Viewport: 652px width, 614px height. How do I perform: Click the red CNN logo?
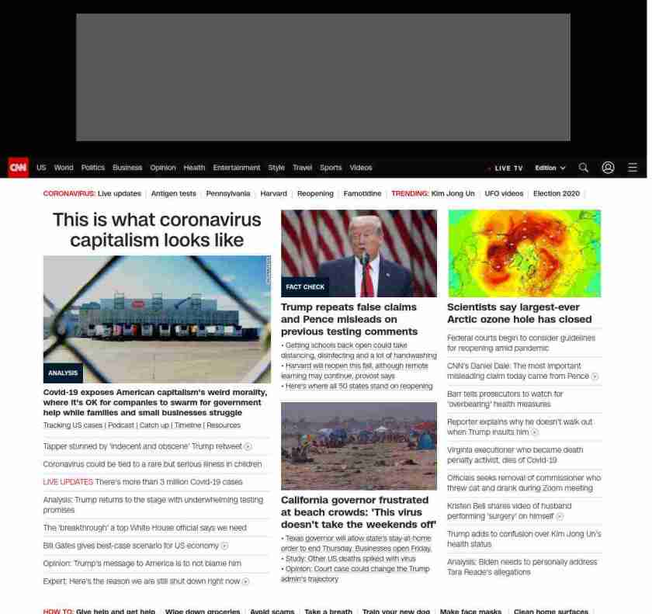(18, 168)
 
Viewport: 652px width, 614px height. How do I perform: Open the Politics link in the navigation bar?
(92, 168)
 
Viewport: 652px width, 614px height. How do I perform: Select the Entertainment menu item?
(237, 168)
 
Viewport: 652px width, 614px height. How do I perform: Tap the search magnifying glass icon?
(584, 168)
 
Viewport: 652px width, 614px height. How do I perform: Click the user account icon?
(608, 168)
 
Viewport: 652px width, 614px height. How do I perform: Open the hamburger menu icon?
(633, 168)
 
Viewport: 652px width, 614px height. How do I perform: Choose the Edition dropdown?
(550, 168)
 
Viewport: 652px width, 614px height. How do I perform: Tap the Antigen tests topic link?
(173, 193)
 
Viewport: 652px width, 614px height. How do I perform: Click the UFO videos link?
(504, 193)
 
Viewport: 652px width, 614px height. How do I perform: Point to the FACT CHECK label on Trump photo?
(305, 287)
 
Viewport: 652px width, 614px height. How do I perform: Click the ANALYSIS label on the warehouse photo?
(63, 373)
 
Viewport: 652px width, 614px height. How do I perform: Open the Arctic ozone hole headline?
(518, 313)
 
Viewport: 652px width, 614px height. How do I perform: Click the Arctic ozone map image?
(524, 253)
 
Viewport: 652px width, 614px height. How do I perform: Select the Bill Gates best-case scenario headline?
(131, 546)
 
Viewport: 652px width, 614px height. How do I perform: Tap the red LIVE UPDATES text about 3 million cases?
(68, 482)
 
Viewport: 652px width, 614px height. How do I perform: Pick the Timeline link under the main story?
(188, 425)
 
